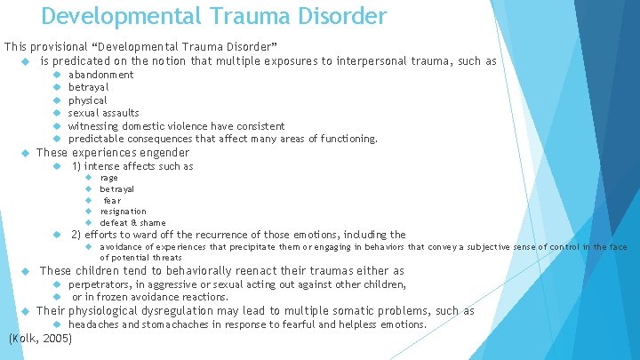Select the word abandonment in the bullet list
[101, 75]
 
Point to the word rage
[108, 178]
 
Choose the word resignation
[123, 212]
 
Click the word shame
[154, 223]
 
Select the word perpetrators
[101, 284]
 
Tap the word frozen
[113, 297]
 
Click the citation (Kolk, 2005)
[39, 339]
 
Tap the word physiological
[110, 311]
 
